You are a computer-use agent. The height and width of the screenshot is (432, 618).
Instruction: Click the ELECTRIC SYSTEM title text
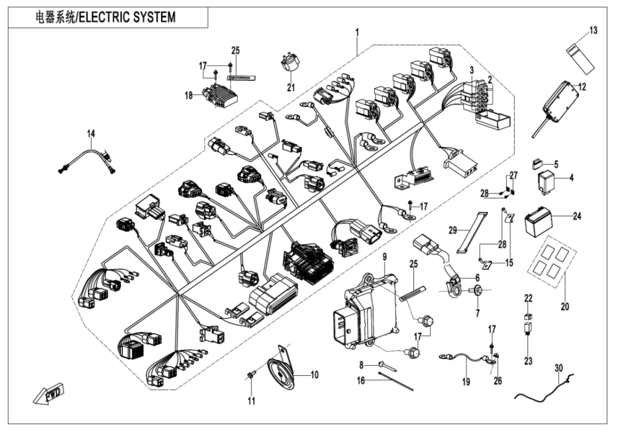click(x=106, y=17)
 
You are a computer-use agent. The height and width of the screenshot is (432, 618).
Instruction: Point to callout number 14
click(x=91, y=133)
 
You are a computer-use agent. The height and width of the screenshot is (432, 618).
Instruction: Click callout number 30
click(x=558, y=368)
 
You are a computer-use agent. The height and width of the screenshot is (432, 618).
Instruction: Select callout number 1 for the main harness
click(x=357, y=31)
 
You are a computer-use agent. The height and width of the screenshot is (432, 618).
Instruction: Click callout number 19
click(x=465, y=381)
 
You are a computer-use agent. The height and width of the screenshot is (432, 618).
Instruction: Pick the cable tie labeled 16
click(x=395, y=382)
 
